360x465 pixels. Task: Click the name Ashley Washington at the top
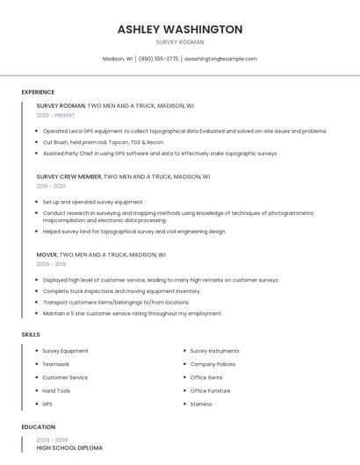180,29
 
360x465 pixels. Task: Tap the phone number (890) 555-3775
158,59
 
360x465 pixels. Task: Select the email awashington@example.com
220,59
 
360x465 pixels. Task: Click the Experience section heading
38,92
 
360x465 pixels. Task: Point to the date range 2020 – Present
55,115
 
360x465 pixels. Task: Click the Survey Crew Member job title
69,176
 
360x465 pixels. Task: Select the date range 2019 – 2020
51,186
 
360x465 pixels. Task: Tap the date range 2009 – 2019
51,264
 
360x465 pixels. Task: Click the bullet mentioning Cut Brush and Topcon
103,142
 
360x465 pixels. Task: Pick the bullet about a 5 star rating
132,313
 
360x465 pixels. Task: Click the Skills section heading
31,334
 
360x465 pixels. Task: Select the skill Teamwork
55,364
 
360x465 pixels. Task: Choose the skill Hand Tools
56,390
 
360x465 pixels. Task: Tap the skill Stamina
201,404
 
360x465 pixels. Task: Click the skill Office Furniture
210,390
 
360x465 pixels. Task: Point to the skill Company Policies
212,364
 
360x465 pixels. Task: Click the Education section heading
39,427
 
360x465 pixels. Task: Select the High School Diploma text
69,448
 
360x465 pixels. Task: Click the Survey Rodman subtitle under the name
180,42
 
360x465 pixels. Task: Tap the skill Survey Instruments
214,351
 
